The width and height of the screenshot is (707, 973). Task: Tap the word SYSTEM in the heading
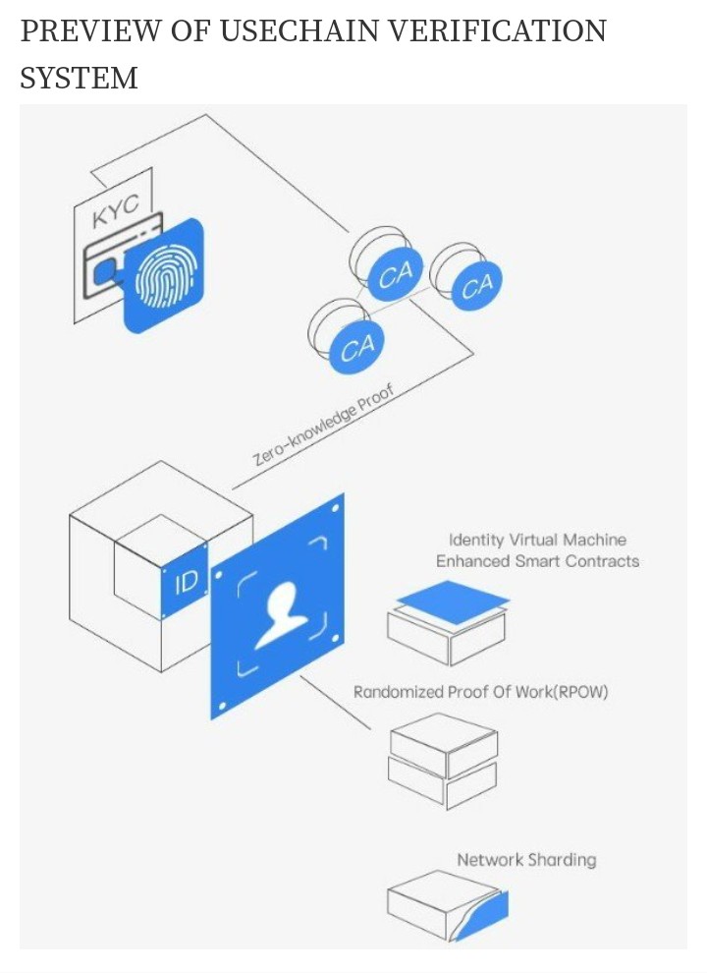(79, 79)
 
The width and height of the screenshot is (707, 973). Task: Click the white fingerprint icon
(166, 280)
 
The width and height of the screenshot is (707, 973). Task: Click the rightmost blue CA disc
(476, 286)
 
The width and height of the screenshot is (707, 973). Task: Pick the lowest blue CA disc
(356, 348)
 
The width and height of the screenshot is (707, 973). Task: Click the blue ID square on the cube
(185, 583)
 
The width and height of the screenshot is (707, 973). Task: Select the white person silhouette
(282, 616)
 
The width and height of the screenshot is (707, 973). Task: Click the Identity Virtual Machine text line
(537, 540)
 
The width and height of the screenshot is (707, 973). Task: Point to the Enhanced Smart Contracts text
(537, 561)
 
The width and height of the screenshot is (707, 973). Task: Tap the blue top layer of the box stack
(453, 601)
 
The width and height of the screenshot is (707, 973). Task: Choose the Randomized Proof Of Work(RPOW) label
(480, 692)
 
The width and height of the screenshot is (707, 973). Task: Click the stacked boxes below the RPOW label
(444, 760)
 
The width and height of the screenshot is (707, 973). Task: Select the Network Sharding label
(526, 859)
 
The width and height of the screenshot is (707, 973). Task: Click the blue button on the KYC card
(105, 270)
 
